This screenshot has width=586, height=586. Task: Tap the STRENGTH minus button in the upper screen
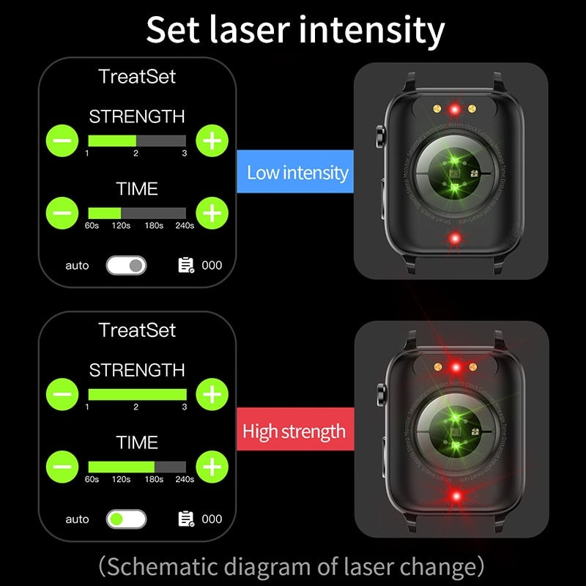click(x=64, y=140)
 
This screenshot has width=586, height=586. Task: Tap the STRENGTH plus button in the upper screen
click(x=212, y=140)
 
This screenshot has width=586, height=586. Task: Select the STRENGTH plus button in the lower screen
click(x=212, y=394)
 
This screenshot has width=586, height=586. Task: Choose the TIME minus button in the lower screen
click(x=64, y=467)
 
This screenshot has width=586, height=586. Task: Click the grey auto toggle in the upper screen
click(x=126, y=265)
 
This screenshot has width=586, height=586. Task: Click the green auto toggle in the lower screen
click(x=126, y=519)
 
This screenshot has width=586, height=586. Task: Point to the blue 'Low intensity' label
click(x=297, y=173)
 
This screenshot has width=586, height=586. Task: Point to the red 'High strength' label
click(x=294, y=430)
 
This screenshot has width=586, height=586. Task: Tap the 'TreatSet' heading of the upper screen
click(x=137, y=76)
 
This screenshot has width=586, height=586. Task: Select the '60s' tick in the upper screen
click(x=92, y=226)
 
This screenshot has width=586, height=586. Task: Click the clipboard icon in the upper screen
click(x=186, y=265)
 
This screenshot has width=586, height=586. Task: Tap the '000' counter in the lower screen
click(x=212, y=519)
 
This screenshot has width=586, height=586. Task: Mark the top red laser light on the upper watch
click(x=454, y=110)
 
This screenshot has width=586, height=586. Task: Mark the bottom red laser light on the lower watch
click(x=456, y=497)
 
